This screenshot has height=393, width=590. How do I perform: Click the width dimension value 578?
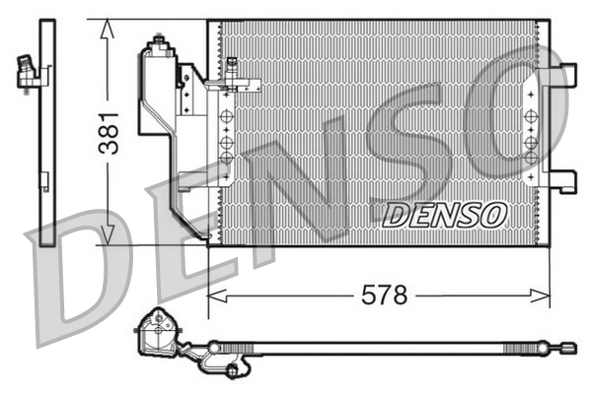tap(383, 295)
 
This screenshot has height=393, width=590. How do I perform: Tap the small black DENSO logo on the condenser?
tap(444, 213)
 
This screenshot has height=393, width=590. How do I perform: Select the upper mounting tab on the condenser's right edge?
tap(561, 73)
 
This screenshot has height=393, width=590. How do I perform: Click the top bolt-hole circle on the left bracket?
tap(226, 115)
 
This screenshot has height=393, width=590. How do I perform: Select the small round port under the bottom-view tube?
tap(233, 370)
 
